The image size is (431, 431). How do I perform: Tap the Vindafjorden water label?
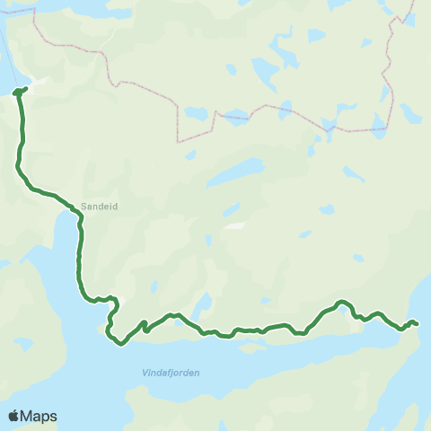coord(171,373)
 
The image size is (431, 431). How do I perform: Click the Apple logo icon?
coord(14,417)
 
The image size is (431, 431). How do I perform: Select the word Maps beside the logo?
coord(40,417)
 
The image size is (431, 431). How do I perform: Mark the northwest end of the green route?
coord(19,91)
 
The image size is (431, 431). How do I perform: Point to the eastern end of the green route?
coord(417,323)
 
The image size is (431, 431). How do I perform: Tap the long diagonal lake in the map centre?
coord(234,174)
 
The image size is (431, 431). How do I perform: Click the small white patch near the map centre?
coord(234,225)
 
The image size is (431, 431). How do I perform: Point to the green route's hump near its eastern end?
coord(341,303)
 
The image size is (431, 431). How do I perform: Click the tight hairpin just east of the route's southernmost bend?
coord(145,325)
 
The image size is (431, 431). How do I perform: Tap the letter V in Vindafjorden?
coord(145,373)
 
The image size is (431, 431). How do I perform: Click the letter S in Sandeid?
coord(84,206)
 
